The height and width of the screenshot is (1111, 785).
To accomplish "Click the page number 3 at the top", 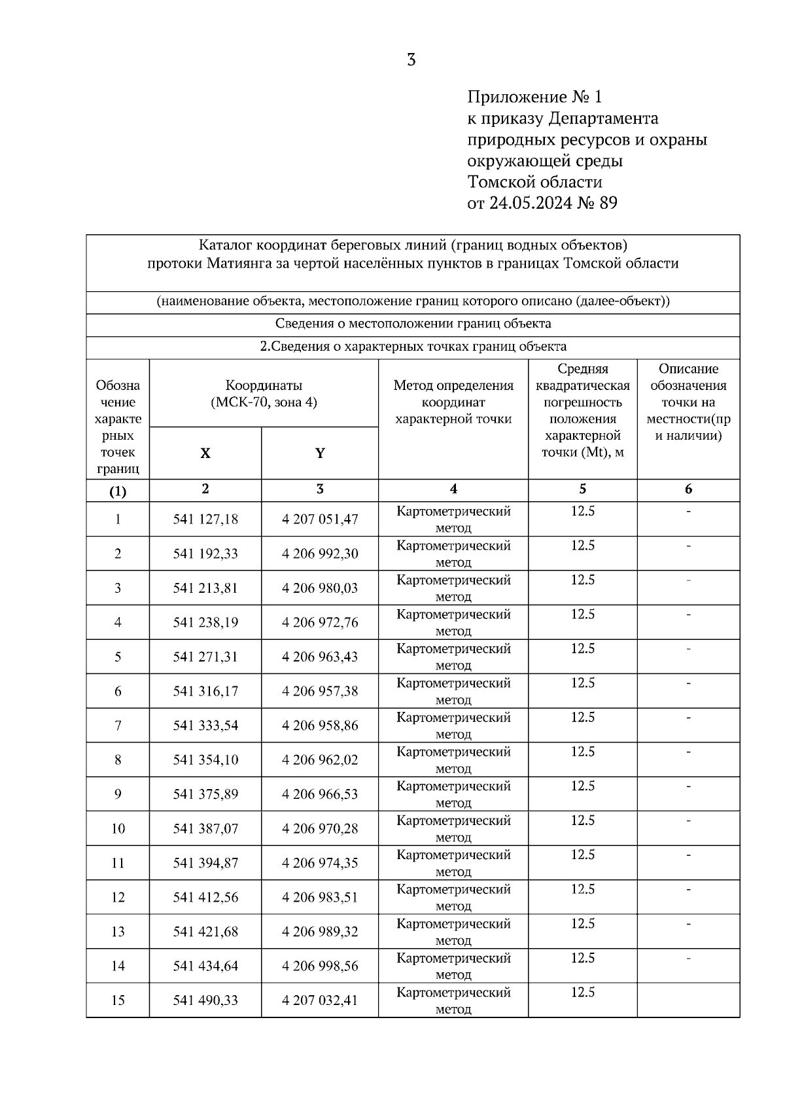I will click(x=411, y=60).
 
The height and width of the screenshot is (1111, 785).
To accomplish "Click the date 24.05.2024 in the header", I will click(x=530, y=203).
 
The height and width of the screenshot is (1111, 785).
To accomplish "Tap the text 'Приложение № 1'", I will click(x=534, y=97).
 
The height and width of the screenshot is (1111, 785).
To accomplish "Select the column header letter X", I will click(x=205, y=453).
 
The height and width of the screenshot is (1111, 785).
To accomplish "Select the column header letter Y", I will click(x=320, y=453).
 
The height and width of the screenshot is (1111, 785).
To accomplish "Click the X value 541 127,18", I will click(x=205, y=520).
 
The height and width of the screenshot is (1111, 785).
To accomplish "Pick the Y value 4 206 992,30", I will click(x=320, y=554).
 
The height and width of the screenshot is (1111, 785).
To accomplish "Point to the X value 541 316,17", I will click(x=205, y=691).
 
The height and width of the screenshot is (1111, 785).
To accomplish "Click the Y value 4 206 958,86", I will click(x=320, y=725).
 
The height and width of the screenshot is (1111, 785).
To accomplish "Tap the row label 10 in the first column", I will click(x=118, y=828).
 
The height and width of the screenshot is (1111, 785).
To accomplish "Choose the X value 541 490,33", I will click(x=205, y=1000).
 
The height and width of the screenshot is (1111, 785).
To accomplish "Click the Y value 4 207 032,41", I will click(x=320, y=1000).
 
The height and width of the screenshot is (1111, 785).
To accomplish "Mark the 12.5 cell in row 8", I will click(x=582, y=752).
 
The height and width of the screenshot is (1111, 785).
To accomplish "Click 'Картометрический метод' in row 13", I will click(x=453, y=932).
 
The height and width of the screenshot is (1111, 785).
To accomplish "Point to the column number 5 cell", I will click(x=582, y=489).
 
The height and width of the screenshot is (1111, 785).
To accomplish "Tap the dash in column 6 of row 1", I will click(x=688, y=511).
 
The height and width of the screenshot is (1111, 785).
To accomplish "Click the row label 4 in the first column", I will click(x=118, y=622).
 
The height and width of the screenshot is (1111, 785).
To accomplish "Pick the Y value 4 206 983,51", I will click(x=320, y=897).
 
